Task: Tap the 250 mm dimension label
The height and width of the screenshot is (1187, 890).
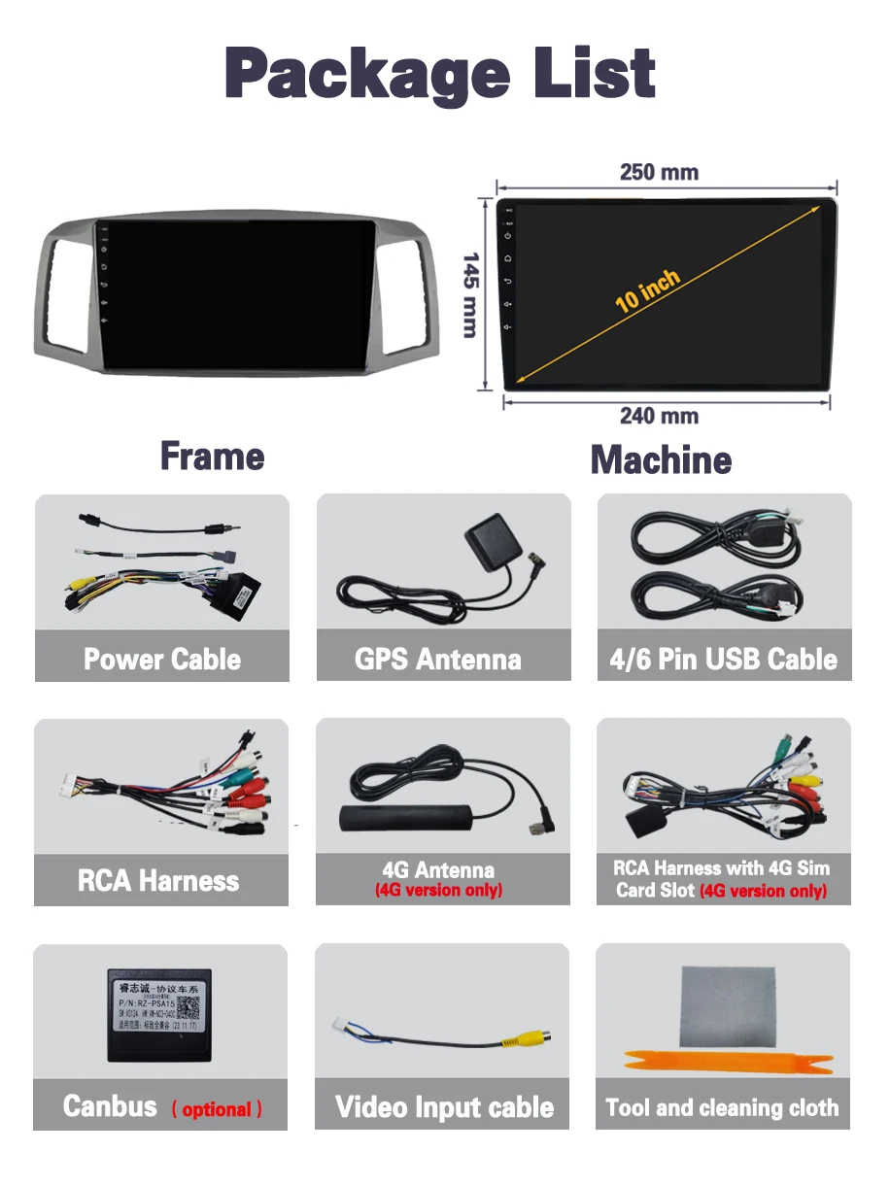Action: pos(659,173)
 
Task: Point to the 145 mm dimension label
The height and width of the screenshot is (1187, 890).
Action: pos(471,294)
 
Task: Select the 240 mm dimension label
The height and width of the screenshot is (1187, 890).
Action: pos(659,417)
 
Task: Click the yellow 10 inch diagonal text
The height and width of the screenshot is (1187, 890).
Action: pos(647,292)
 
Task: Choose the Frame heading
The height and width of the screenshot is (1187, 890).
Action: pos(212,456)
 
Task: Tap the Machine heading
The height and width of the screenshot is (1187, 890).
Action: pos(661,459)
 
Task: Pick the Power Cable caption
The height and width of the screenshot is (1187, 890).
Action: pos(162,660)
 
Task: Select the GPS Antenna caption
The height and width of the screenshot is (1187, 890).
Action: pos(437,660)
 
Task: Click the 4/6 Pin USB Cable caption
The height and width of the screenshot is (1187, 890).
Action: pos(723,660)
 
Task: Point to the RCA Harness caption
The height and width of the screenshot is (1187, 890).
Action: pos(158,881)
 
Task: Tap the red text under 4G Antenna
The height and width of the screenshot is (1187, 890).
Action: pos(438,890)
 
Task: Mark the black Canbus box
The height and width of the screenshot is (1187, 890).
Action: pos(160,1012)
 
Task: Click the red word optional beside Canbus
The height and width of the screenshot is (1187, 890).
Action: pos(217,1109)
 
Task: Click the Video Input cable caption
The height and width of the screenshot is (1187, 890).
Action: pos(444,1107)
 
